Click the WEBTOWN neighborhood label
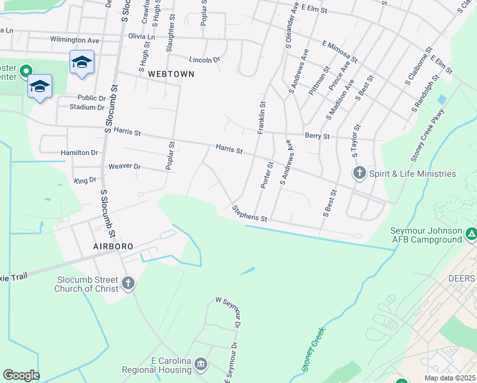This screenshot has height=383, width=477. [170, 74]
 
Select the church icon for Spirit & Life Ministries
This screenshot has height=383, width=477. [359, 173]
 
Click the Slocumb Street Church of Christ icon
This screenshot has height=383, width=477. [128, 283]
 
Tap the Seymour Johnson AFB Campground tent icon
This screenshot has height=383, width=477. [471, 234]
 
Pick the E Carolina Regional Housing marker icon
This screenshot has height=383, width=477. [201, 364]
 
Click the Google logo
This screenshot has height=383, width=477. [21, 375]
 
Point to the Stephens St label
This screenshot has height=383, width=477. [249, 214]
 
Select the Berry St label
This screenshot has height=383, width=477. [317, 136]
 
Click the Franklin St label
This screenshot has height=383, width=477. [261, 117]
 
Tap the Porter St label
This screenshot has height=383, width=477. [267, 174]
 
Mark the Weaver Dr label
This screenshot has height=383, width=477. [124, 166]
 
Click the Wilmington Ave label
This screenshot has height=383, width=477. [75, 40]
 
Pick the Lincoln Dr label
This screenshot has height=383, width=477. [204, 59]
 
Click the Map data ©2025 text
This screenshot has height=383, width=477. [450, 378]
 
